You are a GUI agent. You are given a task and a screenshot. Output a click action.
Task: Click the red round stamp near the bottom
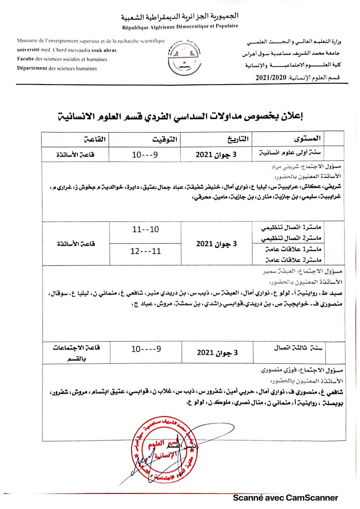pos(164,449)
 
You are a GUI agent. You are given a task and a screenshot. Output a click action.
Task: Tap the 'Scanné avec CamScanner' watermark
pos(285,498)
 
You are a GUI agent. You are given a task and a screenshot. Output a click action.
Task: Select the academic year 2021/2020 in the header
pos(271,78)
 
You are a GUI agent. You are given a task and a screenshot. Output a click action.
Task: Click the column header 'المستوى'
pos(307,138)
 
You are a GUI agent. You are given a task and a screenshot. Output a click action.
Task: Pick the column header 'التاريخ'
pos(238,139)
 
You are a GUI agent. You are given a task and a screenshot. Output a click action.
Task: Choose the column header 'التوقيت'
pos(165,139)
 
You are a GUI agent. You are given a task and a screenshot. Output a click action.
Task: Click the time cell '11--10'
pos(145,229)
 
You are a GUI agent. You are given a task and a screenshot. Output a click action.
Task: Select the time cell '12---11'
pos(145,251)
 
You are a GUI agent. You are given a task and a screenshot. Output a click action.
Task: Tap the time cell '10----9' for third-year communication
pos(146,349)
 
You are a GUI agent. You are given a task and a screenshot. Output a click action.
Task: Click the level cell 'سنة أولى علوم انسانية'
pos(290,153)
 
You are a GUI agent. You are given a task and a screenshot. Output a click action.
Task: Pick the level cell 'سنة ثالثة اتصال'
pos(298,348)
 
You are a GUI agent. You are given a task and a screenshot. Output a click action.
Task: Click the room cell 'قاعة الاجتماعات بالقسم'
pos(76,353)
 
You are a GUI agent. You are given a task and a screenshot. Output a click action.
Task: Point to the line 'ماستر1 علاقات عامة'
pos(293,249)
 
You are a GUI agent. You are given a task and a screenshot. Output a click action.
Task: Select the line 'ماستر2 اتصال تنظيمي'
pos(291,238)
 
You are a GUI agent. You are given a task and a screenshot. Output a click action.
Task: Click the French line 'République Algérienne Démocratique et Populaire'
pos(180,27)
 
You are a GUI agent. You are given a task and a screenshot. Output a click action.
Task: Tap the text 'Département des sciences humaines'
pos(57,68)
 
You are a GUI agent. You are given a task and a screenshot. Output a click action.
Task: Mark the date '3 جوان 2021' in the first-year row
pos(216,155)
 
